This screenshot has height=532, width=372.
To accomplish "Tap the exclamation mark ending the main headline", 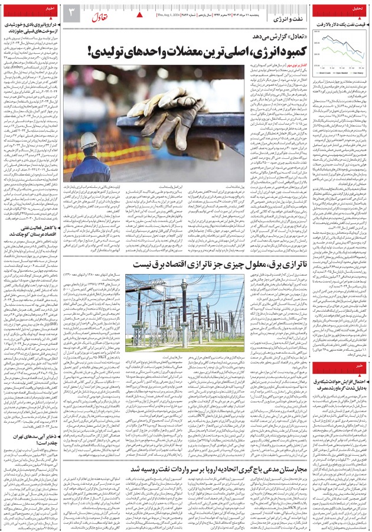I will pos(93,51).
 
